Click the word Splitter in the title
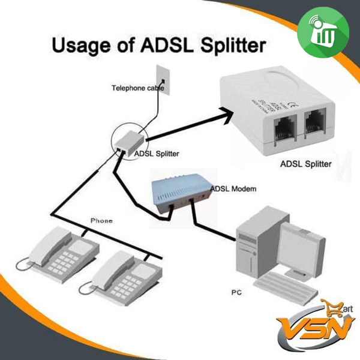[227, 46]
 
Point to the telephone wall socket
[162, 80]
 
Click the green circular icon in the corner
[322, 37]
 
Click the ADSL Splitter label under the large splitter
[304, 163]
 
